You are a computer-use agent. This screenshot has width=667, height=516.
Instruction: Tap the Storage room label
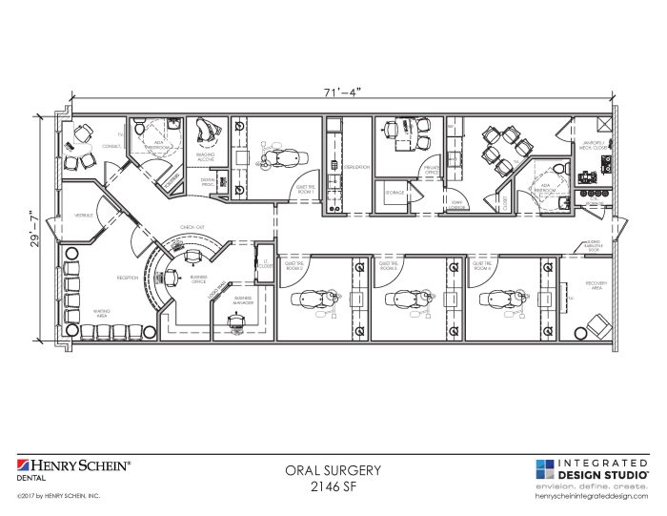pyautogui.click(x=394, y=193)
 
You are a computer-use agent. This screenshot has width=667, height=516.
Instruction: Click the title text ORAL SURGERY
pyautogui.click(x=333, y=469)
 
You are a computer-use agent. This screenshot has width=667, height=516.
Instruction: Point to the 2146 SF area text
pyautogui.click(x=333, y=485)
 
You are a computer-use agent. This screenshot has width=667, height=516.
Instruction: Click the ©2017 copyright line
pyautogui.click(x=58, y=497)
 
